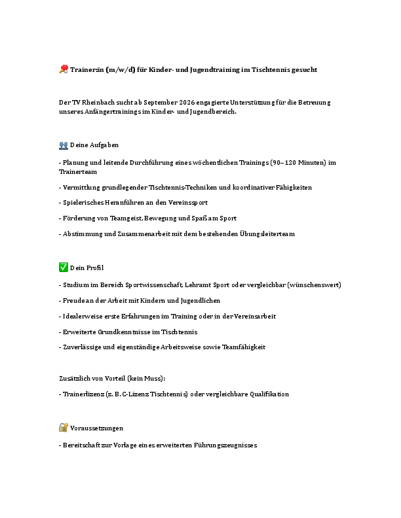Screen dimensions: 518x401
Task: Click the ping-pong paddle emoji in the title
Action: (x=63, y=69)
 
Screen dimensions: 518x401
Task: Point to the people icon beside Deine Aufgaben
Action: (x=63, y=145)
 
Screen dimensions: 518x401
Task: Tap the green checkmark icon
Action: (x=63, y=268)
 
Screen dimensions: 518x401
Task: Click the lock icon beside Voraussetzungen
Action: (x=63, y=428)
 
